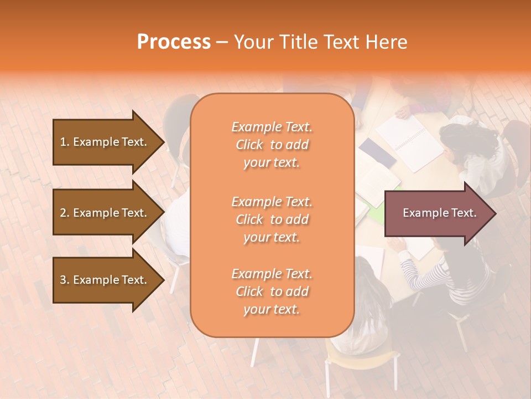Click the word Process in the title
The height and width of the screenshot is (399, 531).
[174, 42]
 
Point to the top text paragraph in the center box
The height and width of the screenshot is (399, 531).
[272, 145]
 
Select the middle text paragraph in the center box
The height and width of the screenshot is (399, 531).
[272, 219]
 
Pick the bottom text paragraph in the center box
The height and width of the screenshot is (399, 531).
[272, 291]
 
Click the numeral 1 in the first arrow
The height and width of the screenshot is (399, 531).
[63, 142]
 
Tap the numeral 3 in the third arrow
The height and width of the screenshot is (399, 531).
[63, 280]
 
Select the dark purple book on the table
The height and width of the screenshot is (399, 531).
[377, 152]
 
